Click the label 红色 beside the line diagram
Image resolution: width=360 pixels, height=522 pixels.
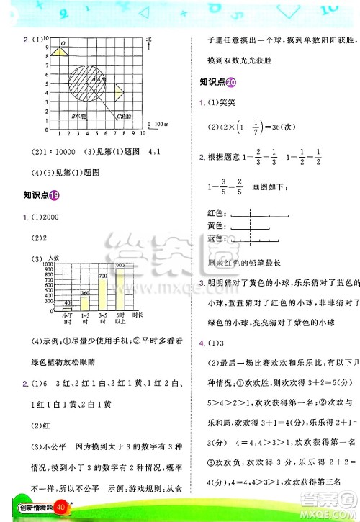click(216, 213)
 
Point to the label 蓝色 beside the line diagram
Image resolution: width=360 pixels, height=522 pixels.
click(216, 238)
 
